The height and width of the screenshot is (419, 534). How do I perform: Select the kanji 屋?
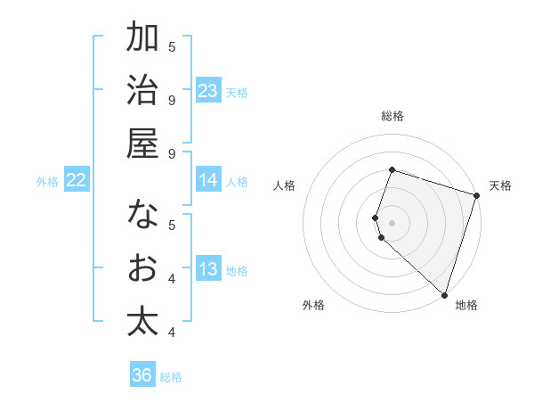point(142,144)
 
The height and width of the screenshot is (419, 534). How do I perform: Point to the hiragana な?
point(142,215)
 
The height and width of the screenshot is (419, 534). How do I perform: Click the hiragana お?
point(142,268)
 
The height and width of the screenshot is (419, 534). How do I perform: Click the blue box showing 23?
point(207,91)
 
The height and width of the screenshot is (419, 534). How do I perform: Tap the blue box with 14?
point(207,180)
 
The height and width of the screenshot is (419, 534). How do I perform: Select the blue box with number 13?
point(207,270)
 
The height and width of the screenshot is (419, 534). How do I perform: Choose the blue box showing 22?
point(77,181)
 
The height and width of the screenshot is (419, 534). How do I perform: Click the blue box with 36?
point(142,375)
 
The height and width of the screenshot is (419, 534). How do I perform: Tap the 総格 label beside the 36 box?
point(171,377)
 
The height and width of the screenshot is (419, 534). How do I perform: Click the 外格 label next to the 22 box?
point(47,182)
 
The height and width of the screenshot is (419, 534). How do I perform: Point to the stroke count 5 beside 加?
point(172,45)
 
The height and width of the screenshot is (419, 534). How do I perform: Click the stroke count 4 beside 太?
point(172,332)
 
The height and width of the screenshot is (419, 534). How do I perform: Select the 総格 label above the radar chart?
point(392,116)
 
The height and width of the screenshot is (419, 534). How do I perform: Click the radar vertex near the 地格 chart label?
point(443,294)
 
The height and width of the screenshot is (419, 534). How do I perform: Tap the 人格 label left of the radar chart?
point(284,185)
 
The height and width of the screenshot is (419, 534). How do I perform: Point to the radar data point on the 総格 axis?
point(392,170)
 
